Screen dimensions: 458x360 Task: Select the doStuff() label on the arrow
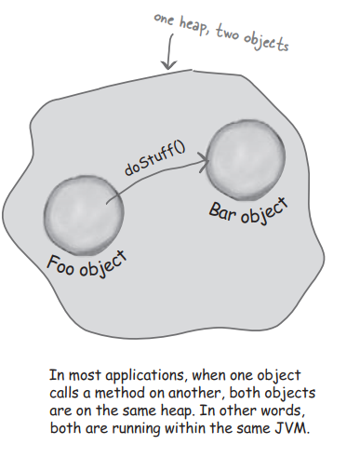[x=153, y=159]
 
